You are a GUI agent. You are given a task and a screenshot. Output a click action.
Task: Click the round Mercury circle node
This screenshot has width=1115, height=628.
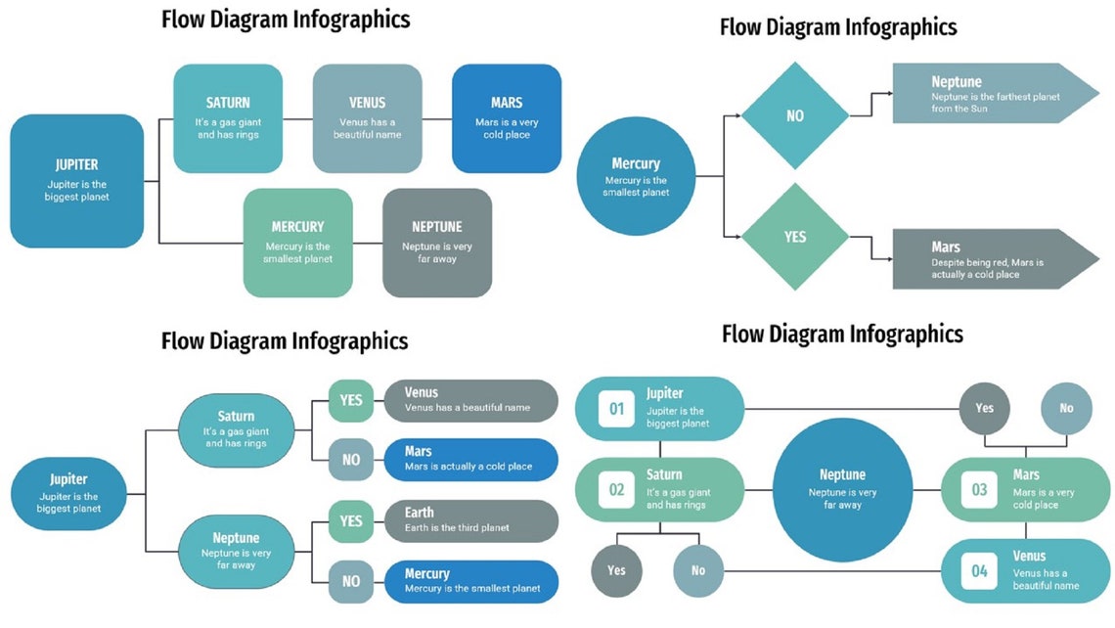pyautogui.click(x=635, y=177)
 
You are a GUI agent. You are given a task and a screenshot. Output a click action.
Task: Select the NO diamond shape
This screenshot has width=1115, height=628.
pyautogui.click(x=794, y=115)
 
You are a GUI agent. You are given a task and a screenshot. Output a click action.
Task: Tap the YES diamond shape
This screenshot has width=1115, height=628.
pyautogui.click(x=794, y=237)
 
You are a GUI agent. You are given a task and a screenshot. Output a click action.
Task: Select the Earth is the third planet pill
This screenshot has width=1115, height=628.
pyautogui.click(x=470, y=520)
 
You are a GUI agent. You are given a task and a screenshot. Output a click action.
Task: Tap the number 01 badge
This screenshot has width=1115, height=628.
pyautogui.click(x=617, y=409)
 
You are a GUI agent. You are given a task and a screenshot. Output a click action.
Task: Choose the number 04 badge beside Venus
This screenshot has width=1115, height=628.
pyautogui.click(x=979, y=571)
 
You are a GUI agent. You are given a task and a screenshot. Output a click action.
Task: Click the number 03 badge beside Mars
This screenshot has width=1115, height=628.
pyautogui.click(x=979, y=490)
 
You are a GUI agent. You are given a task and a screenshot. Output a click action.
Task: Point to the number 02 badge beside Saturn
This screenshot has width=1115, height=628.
pyautogui.click(x=617, y=490)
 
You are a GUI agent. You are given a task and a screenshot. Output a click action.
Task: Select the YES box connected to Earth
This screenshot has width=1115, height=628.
pyautogui.click(x=350, y=521)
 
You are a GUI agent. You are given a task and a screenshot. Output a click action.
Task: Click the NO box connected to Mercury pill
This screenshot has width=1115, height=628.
pyautogui.click(x=350, y=581)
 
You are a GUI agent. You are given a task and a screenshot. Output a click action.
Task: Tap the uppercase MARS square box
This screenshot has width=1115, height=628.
pyautogui.click(x=506, y=118)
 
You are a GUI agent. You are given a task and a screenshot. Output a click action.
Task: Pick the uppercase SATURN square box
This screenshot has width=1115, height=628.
pyautogui.click(x=228, y=118)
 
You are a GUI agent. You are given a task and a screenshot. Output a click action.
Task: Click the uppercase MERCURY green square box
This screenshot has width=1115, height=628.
pyautogui.click(x=297, y=243)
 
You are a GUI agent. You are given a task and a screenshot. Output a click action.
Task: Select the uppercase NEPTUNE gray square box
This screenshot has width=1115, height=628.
pyautogui.click(x=436, y=243)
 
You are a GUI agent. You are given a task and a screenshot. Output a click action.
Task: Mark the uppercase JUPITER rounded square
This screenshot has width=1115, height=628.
pyautogui.click(x=76, y=181)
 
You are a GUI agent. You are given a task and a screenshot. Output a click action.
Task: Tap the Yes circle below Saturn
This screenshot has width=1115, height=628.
pyautogui.click(x=616, y=570)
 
